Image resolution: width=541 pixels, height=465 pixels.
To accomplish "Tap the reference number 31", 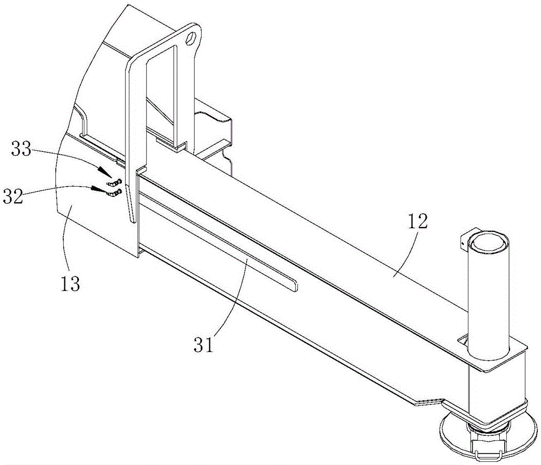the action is point(204,345).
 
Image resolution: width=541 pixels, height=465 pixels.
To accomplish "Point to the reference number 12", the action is point(418,222).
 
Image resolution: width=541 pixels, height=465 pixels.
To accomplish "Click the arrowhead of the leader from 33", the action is point(103,171).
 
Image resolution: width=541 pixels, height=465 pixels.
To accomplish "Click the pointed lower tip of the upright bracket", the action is point(131,222).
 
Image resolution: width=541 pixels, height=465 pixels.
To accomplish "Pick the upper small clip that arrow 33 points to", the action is point(115,182).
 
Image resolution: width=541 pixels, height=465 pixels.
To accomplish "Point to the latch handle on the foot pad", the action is point(486,451).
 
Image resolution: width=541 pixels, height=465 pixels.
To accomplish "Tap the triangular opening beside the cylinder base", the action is point(463,342).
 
